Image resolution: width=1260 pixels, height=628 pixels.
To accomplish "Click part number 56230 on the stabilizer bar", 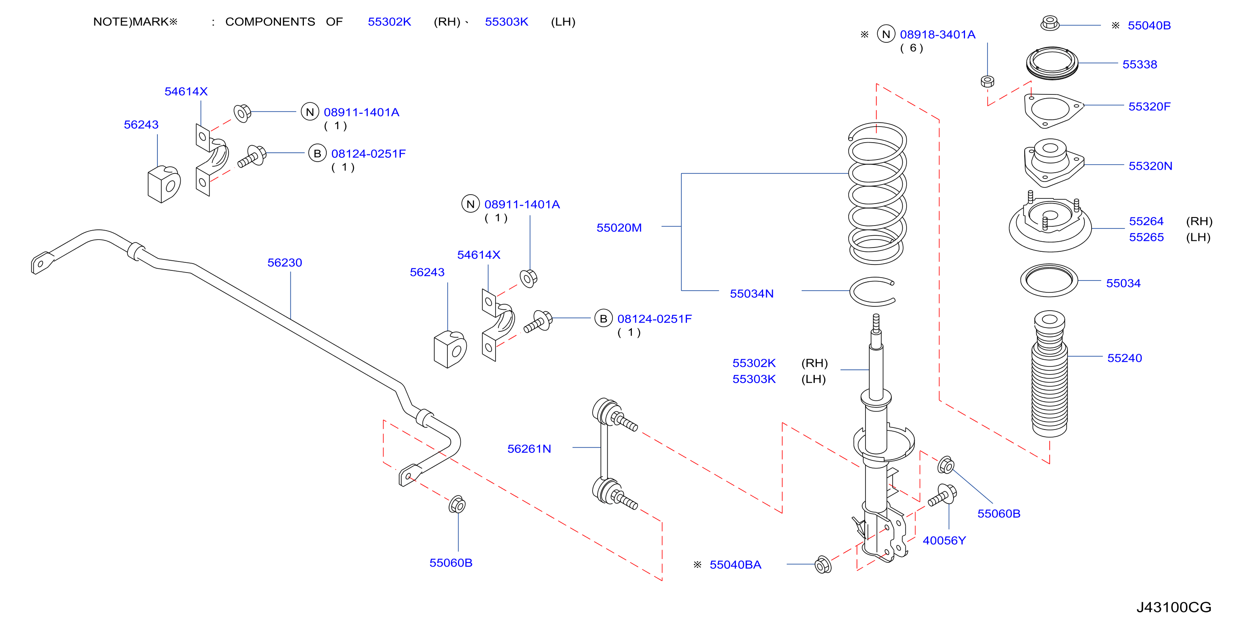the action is (285, 263).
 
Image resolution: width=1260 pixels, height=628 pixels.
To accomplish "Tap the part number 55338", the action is (1140, 65).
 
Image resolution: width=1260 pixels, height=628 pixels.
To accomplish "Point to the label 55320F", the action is (1150, 107).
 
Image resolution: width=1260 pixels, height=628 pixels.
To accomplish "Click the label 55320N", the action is (1150, 166).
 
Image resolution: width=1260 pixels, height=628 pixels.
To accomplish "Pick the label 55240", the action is (1125, 358).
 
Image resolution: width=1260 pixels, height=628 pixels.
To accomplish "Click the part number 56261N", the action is (529, 449).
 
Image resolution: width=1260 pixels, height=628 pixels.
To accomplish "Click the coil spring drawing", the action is (877, 193).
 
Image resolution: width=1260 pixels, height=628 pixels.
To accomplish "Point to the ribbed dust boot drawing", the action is (1050, 374).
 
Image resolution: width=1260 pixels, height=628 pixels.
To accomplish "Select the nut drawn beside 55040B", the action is (1050, 23).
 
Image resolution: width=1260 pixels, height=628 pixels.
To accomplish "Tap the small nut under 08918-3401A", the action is (987, 81).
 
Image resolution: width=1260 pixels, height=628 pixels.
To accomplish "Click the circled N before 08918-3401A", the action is (886, 34).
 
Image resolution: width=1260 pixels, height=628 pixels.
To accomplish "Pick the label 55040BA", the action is (735, 565).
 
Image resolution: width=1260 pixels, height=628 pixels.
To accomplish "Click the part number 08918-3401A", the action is (937, 35).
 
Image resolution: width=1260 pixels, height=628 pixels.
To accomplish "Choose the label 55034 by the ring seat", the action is (1123, 284).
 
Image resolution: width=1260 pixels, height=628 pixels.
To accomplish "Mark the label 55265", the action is (1146, 238).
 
